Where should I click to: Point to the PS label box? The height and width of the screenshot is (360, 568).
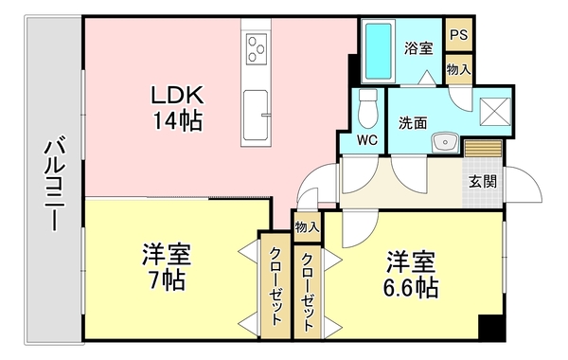pyautogui.click(x=459, y=34)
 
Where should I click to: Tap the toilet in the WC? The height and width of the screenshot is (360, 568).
pyautogui.click(x=367, y=110)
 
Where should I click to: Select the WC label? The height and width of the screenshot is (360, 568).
pyautogui.click(x=368, y=140)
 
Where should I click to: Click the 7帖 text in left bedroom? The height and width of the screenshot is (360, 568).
pyautogui.click(x=165, y=281)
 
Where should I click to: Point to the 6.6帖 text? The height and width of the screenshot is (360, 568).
pyautogui.click(x=410, y=286)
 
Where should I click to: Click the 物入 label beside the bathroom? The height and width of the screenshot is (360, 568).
pyautogui.click(x=459, y=68)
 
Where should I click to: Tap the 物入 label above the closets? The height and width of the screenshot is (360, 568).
pyautogui.click(x=307, y=226)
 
